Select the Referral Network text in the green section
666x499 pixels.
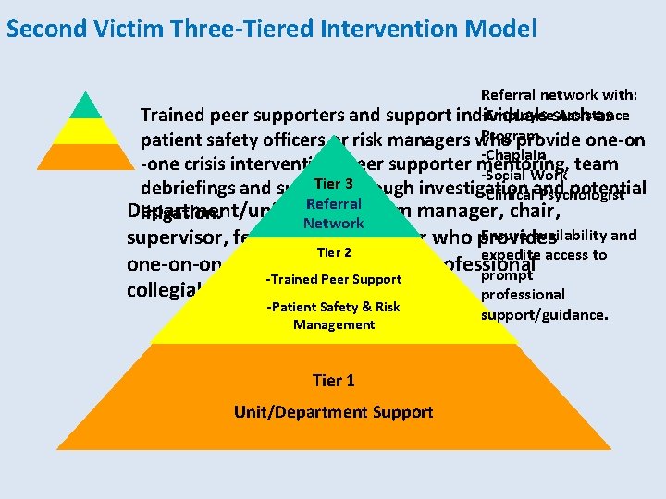[x=333, y=213]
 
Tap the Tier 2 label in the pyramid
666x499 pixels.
[x=334, y=252]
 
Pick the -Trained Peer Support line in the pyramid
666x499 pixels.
[x=334, y=279]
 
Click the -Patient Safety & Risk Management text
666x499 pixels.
[x=334, y=315]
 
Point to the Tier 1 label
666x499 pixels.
[x=334, y=380]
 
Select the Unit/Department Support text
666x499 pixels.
[x=334, y=411]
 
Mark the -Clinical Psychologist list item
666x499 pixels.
[x=553, y=194]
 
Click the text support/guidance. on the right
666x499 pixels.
[x=545, y=314]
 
